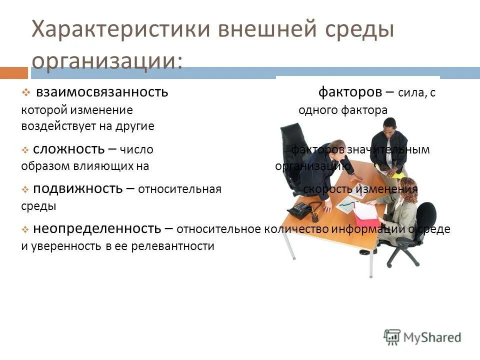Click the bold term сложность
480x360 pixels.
69,148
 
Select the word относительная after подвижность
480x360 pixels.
179,189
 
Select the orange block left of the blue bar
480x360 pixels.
13,73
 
